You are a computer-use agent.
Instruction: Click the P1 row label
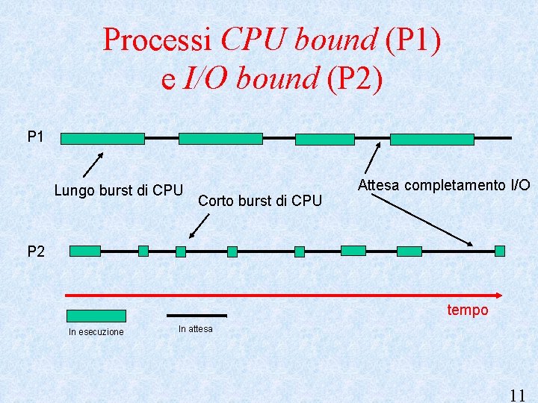click(x=36, y=137)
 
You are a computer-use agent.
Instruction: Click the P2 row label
click(x=36, y=252)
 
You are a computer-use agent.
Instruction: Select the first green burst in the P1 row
click(x=102, y=138)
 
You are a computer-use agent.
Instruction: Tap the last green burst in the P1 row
click(x=432, y=139)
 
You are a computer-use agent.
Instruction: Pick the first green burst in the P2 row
click(x=84, y=251)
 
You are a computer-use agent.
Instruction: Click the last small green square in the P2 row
click(x=500, y=251)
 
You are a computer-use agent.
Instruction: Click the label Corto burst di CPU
click(x=260, y=200)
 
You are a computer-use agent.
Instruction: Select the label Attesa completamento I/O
click(x=444, y=184)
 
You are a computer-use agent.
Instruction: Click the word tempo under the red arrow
click(x=467, y=310)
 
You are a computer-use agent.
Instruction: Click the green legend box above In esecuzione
click(x=96, y=316)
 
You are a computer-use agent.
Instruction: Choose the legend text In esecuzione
click(x=96, y=331)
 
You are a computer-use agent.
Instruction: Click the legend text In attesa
click(x=196, y=329)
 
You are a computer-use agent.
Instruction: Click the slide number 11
click(x=517, y=395)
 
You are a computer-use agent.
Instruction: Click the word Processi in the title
click(x=158, y=40)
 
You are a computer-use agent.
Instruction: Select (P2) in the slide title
click(x=355, y=77)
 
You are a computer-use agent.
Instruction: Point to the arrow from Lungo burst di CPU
click(x=91, y=164)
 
